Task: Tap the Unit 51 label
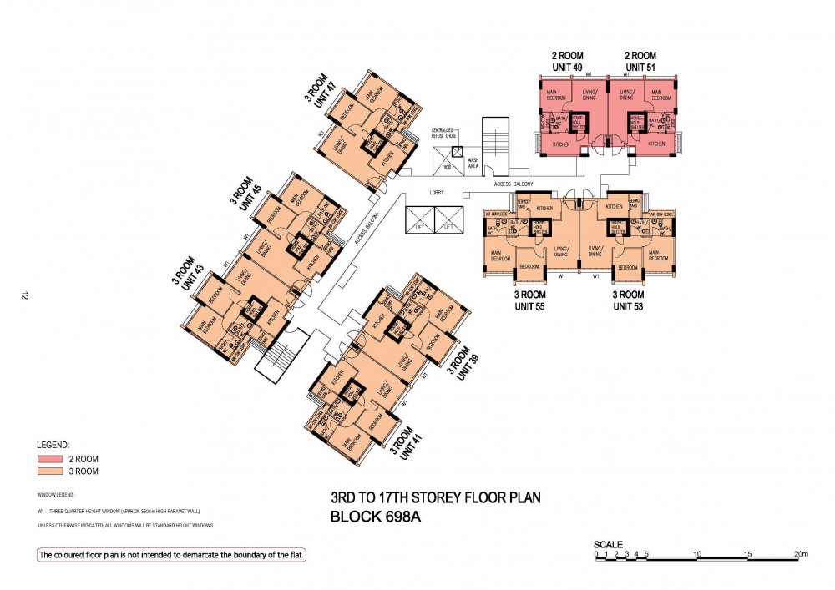[x=640, y=67]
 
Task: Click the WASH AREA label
[x=473, y=164]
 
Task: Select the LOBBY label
[x=435, y=193]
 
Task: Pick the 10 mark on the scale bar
[x=696, y=554]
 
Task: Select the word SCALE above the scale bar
[x=607, y=543]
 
